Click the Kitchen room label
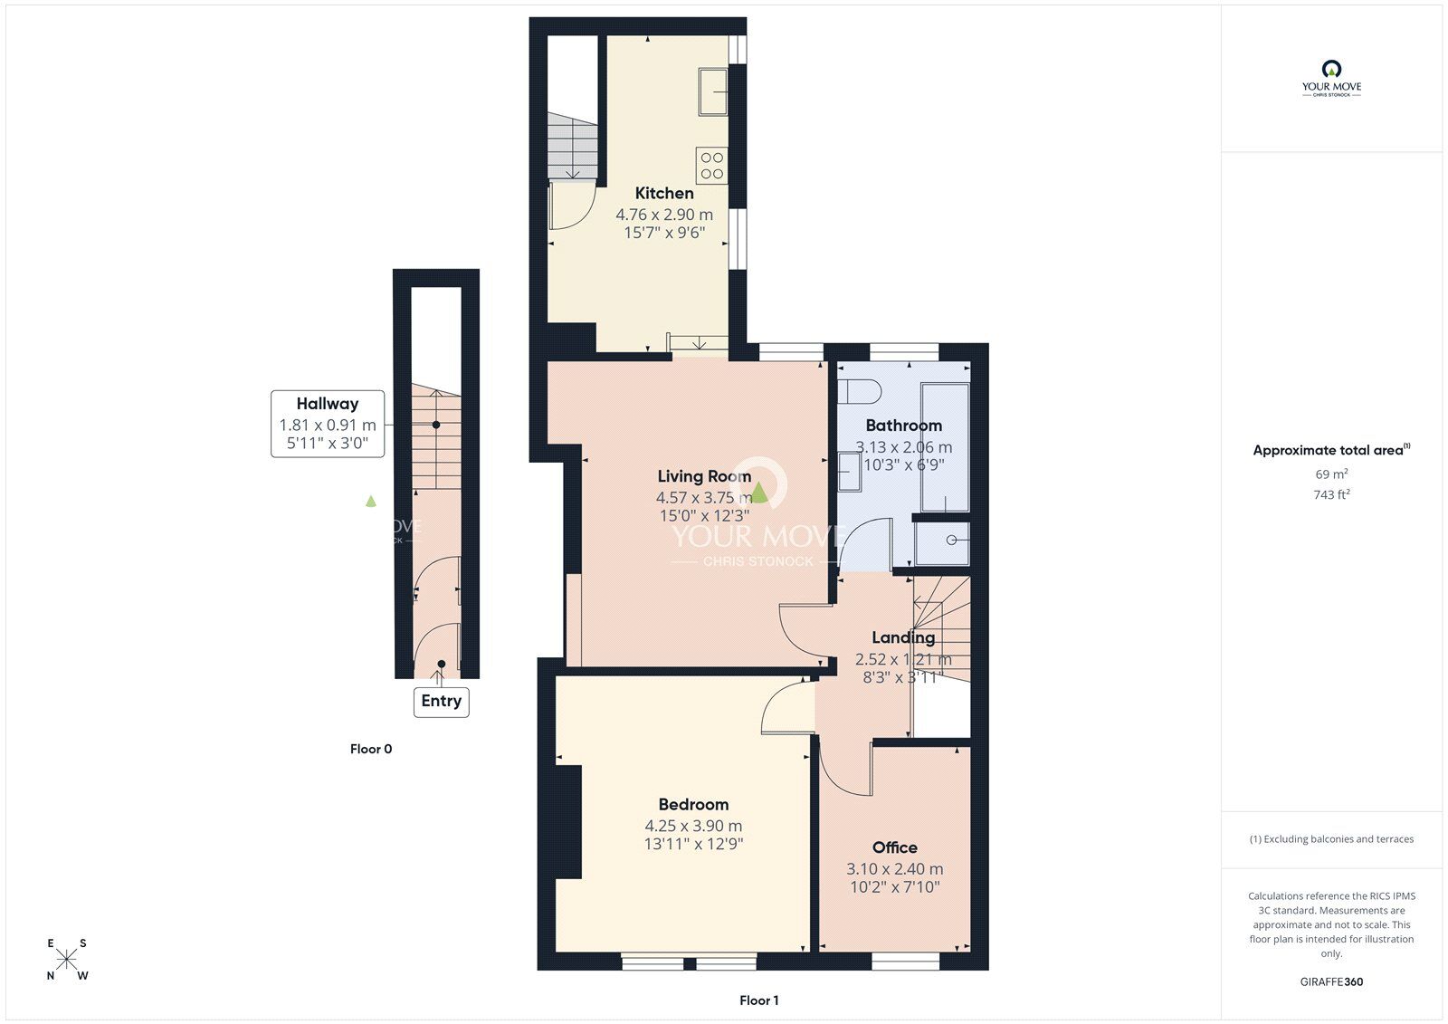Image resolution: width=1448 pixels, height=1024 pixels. coord(664,193)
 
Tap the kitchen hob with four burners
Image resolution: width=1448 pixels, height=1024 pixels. coord(712,166)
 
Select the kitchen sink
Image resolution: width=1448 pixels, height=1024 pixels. coord(712,91)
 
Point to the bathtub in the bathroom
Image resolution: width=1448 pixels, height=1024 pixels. coord(945,447)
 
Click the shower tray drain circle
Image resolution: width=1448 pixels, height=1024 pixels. coord(952,541)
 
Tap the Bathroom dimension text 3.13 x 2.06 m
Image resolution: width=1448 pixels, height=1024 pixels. coord(903,447)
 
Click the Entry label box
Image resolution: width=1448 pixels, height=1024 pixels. coord(442,702)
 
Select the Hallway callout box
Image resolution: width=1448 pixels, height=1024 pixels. coord(328,424)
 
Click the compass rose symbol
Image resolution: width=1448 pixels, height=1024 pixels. coord(68,959)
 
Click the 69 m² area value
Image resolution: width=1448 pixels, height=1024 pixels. coord(1331,474)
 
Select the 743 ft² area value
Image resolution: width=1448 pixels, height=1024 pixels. coord(1331,494)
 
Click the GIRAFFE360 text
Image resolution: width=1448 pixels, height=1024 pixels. coord(1331,981)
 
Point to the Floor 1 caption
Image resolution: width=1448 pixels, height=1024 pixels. coord(758,1000)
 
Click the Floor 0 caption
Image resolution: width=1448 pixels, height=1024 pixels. coord(371,749)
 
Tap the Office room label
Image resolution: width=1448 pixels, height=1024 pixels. coord(894,847)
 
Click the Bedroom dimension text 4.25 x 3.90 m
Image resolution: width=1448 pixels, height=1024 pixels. coord(693,826)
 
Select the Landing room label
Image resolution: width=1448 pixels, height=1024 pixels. coord(902,637)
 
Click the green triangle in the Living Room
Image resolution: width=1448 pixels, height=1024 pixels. coord(760,493)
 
